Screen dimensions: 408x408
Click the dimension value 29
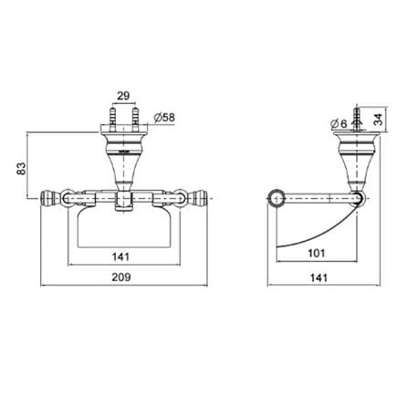[x=123, y=96]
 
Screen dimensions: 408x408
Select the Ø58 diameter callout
[x=164, y=118]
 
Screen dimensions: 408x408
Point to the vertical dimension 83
[x=21, y=169]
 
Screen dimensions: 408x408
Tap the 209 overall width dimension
[x=121, y=277]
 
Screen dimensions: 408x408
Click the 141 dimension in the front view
[x=120, y=256]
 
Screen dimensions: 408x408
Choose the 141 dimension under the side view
[x=319, y=277]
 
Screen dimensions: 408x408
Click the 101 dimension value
[x=317, y=253]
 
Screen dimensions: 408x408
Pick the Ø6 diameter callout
[x=339, y=123]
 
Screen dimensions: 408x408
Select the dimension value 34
[x=378, y=120]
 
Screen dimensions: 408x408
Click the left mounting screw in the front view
[x=113, y=118]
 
